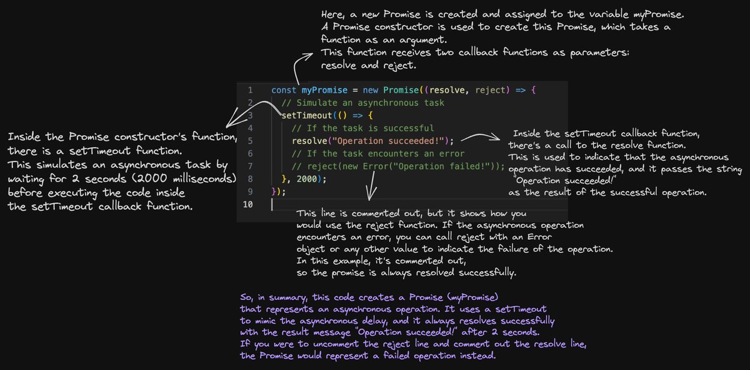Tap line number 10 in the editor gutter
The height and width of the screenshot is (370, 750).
pos(249,204)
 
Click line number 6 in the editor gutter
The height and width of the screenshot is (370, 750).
pos(250,153)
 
